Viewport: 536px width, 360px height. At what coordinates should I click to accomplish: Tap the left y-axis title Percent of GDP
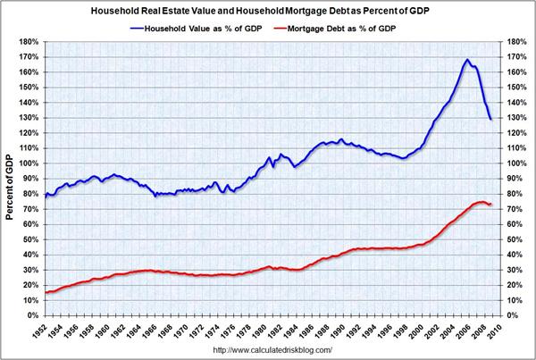tap(9, 178)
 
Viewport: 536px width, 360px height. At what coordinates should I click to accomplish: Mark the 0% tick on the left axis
tap(29, 315)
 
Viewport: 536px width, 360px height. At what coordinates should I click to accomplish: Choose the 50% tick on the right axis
tap(515, 239)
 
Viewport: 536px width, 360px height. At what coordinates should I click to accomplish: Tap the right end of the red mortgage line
tap(491, 205)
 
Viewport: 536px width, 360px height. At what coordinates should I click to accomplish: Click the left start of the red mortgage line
tap(46, 292)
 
